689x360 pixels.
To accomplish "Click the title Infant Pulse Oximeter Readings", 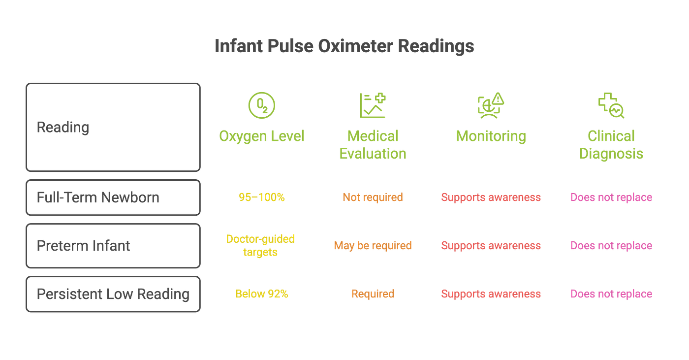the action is click(344, 46).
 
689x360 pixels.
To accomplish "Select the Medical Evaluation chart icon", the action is click(373, 105).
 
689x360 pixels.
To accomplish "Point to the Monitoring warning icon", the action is click(491, 105).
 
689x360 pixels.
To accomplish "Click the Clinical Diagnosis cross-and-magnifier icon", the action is click(611, 105).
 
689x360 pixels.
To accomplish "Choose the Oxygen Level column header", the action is click(261, 136).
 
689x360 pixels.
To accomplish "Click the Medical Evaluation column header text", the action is click(373, 145).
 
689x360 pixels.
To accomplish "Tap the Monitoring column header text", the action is click(491, 136).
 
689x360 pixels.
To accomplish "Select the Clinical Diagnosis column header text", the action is click(611, 145).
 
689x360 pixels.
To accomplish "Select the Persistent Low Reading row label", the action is click(113, 294).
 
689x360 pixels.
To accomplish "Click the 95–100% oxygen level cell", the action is click(262, 197).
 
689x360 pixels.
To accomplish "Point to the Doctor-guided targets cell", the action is click(260, 246).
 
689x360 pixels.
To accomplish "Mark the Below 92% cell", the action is click(262, 294).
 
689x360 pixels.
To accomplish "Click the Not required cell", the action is click(373, 197).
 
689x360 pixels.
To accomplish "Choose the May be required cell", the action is click(373, 246).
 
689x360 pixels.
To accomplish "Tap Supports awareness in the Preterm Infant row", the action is click(491, 246).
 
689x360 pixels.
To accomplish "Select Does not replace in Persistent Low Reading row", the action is click(611, 294).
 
